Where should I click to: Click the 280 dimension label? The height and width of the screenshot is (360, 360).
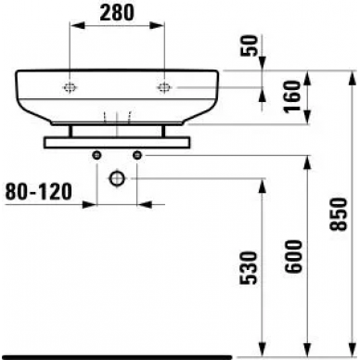click(118, 13)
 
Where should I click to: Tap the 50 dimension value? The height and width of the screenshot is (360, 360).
click(249, 45)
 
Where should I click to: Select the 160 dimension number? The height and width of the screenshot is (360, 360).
click(293, 96)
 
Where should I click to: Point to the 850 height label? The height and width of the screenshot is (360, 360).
click(338, 214)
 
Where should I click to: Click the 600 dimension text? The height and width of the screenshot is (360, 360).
click(293, 256)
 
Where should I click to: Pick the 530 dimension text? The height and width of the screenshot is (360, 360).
click(249, 268)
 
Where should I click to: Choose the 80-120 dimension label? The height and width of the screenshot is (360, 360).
click(39, 191)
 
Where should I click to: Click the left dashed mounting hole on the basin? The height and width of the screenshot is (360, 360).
click(70, 88)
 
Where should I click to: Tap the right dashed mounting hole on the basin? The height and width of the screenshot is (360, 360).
click(164, 88)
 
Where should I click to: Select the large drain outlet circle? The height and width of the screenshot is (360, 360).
click(117, 178)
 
